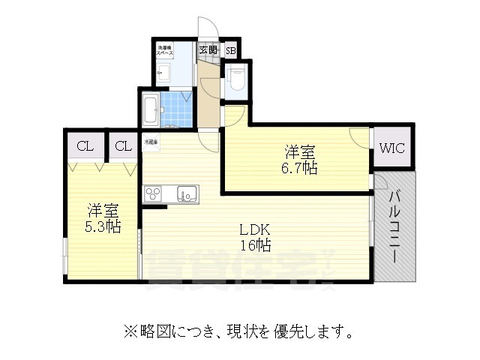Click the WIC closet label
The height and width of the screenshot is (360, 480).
(x=391, y=148)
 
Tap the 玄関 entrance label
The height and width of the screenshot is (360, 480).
(x=208, y=51)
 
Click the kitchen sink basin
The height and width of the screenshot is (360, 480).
(x=186, y=194)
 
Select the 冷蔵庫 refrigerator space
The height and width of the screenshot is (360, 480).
(x=152, y=141)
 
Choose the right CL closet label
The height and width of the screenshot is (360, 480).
(x=124, y=145)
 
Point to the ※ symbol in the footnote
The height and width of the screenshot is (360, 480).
(x=127, y=331)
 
